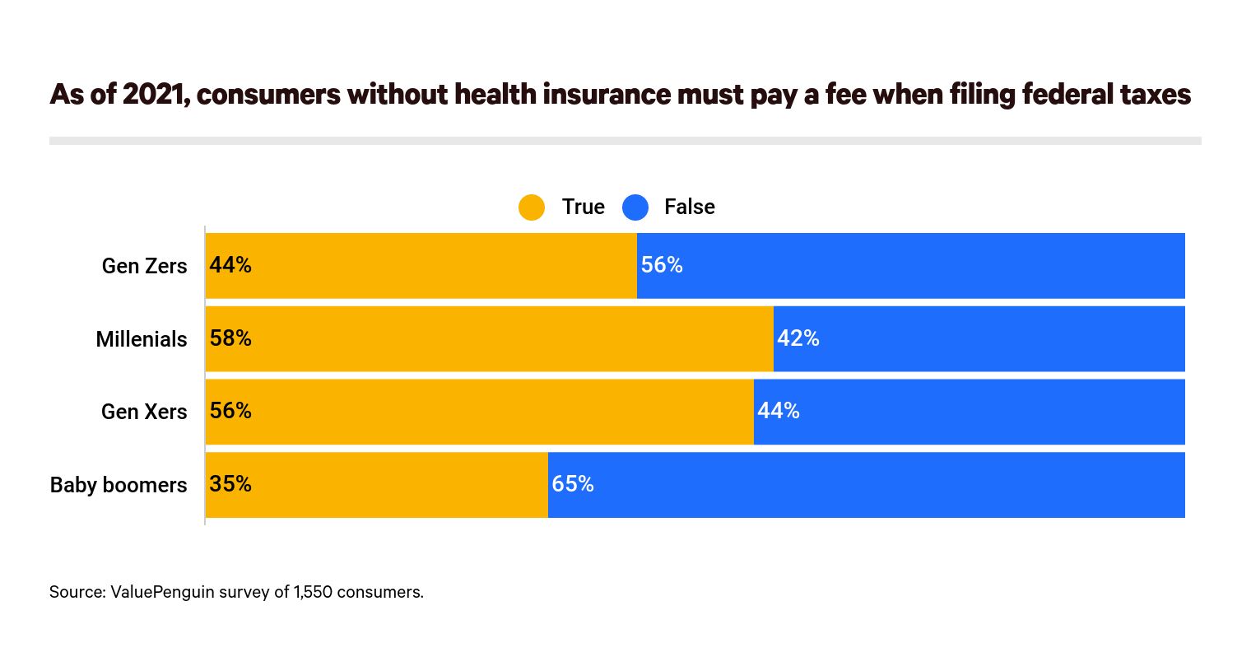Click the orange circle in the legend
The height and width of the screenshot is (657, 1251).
coord(532,207)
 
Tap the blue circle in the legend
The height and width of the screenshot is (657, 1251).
coord(635,207)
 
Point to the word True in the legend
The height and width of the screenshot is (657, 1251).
coord(583,207)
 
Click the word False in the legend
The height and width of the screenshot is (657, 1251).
coord(689,207)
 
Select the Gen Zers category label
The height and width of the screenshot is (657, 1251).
coord(144,266)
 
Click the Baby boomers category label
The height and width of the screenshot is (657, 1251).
coord(119,485)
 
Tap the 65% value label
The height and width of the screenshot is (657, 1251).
coord(573,484)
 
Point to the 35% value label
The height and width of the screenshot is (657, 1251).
coord(230,484)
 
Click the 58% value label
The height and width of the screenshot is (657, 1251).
coord(230,338)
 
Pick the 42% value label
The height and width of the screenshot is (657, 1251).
coord(798,338)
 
